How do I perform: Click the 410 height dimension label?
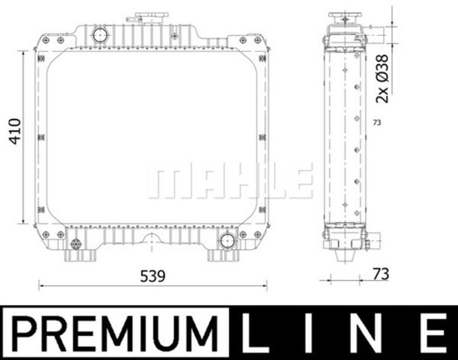click(x=15, y=132)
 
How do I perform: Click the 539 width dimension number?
click(x=152, y=276)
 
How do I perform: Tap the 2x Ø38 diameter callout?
click(x=382, y=79)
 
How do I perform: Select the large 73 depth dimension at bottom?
click(x=381, y=274)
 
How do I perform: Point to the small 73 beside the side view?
click(x=377, y=123)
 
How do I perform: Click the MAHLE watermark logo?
click(x=230, y=180)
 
